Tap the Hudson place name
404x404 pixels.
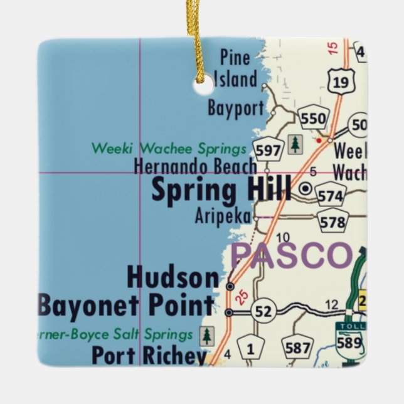(173, 277)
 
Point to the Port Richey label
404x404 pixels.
(149, 355)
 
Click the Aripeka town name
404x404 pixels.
(223, 217)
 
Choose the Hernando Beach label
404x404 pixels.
(195, 167)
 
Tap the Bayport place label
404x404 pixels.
(236, 109)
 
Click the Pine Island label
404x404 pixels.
(235, 69)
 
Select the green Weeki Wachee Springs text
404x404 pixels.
(169, 149)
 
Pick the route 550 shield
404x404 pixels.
(313, 119)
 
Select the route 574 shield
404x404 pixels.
(330, 196)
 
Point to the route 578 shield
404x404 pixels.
(332, 221)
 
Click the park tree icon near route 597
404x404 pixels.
(295, 144)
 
